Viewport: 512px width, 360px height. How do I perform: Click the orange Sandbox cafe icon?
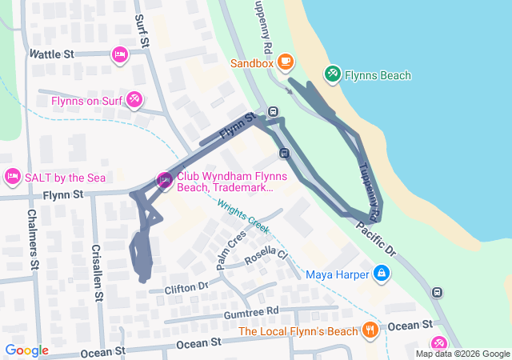click(286, 62)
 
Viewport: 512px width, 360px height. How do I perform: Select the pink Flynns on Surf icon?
click(134, 100)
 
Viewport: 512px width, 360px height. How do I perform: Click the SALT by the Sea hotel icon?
click(12, 175)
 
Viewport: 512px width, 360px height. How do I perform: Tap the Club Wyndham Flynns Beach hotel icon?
click(165, 181)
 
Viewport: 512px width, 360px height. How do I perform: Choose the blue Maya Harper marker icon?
click(382, 274)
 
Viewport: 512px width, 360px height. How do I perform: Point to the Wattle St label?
click(51, 54)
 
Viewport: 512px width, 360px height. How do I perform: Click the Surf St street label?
click(141, 31)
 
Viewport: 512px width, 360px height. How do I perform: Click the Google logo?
click(27, 350)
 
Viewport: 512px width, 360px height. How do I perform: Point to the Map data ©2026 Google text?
click(462, 354)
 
